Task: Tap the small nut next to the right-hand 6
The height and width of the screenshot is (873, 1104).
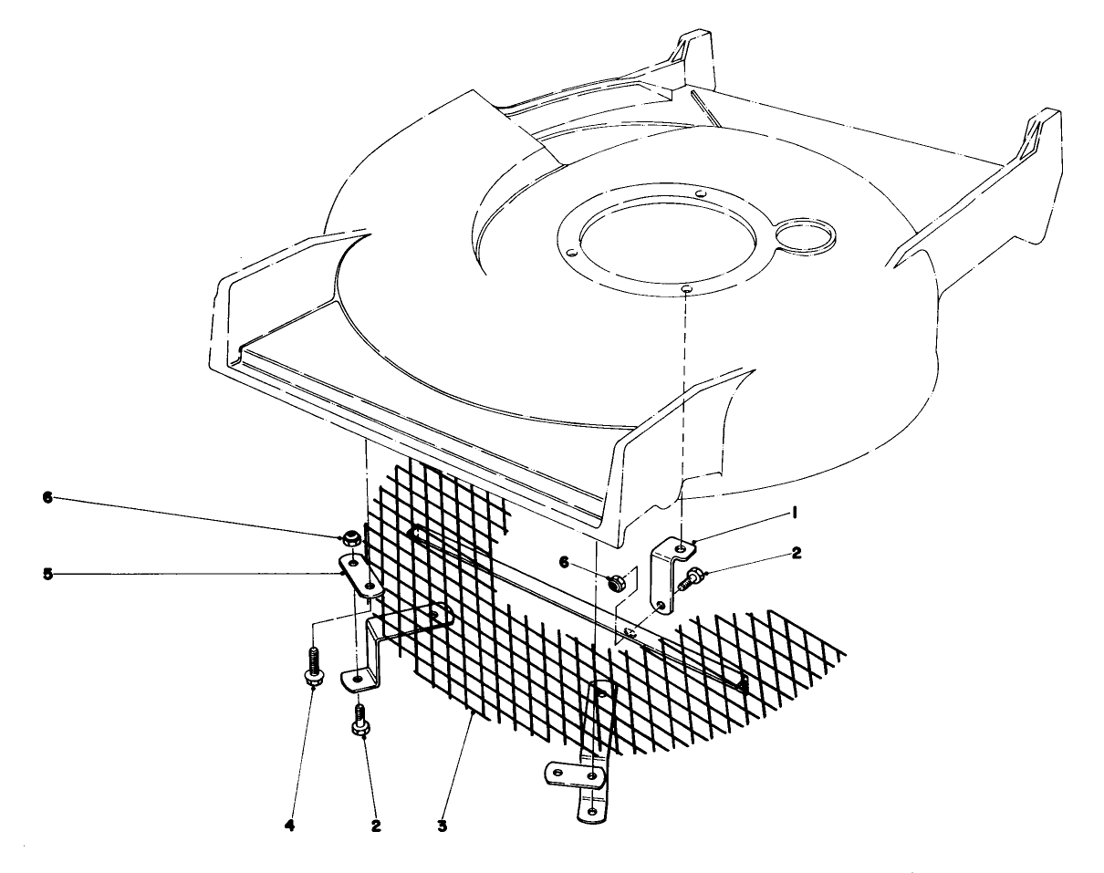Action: point(616,579)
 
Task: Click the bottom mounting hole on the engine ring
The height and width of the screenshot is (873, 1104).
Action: point(685,290)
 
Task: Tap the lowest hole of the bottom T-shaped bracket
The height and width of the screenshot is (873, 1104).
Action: point(591,810)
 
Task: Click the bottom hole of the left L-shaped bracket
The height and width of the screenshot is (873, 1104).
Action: point(358,680)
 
